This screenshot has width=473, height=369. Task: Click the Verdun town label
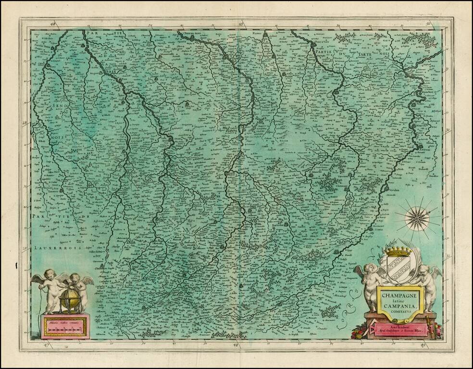[393, 190]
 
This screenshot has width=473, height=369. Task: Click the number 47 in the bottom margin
[48, 345]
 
